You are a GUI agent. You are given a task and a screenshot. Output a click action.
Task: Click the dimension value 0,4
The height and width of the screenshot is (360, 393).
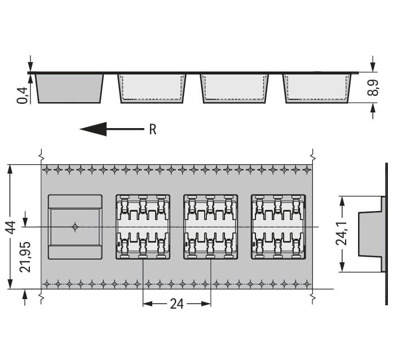point(22,95)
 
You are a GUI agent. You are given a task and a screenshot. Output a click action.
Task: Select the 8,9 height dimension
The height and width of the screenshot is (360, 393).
point(373,87)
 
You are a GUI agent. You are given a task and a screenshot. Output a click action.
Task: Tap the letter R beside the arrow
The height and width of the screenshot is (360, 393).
point(153,130)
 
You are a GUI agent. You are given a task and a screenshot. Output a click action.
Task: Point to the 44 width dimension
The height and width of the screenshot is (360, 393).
point(11,227)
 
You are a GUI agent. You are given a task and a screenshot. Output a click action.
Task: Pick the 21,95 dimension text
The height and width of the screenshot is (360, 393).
point(25,257)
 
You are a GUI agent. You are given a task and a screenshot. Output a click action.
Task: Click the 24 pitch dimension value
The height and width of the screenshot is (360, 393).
point(176,304)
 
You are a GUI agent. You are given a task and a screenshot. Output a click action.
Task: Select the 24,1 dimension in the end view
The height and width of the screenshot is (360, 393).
point(341,233)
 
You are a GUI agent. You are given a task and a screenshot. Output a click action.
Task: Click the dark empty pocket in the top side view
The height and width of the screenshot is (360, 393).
point(69,88)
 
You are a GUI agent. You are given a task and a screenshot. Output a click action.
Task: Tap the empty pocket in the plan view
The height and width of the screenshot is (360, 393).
point(75,227)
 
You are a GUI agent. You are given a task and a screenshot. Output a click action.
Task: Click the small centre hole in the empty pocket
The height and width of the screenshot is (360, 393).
point(75,227)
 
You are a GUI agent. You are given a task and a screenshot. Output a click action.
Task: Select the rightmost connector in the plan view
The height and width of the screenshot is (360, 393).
point(278,227)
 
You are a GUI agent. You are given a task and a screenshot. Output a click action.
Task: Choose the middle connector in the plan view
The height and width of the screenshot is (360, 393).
point(210,227)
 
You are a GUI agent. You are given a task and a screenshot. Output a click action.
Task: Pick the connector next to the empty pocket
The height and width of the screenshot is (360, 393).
point(143,227)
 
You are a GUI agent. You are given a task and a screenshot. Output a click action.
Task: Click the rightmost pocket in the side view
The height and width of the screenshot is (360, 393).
point(317,88)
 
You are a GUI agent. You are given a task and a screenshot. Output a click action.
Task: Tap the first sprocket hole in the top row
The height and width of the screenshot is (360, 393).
point(47,170)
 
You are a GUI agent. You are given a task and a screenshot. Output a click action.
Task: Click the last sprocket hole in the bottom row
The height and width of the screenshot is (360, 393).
point(307,284)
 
